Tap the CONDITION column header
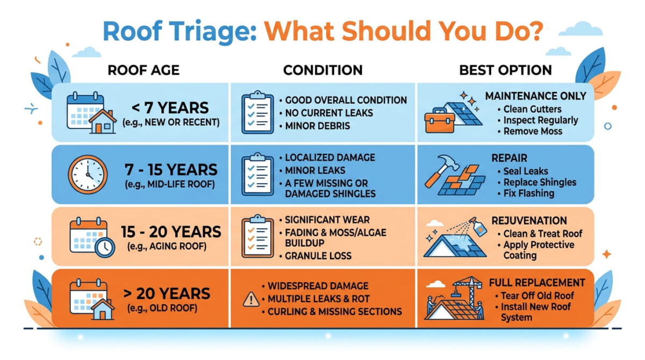click(322, 70)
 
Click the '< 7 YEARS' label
click(170, 107)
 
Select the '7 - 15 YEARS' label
click(170, 170)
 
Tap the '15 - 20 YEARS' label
click(170, 232)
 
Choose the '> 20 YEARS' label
click(170, 293)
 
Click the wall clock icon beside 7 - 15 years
click(87, 175)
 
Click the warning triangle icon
click(250, 300)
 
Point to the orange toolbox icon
click(439, 121)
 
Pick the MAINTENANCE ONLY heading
click(535, 96)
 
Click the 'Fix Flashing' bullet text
click(528, 193)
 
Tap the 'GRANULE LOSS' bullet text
click(318, 256)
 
